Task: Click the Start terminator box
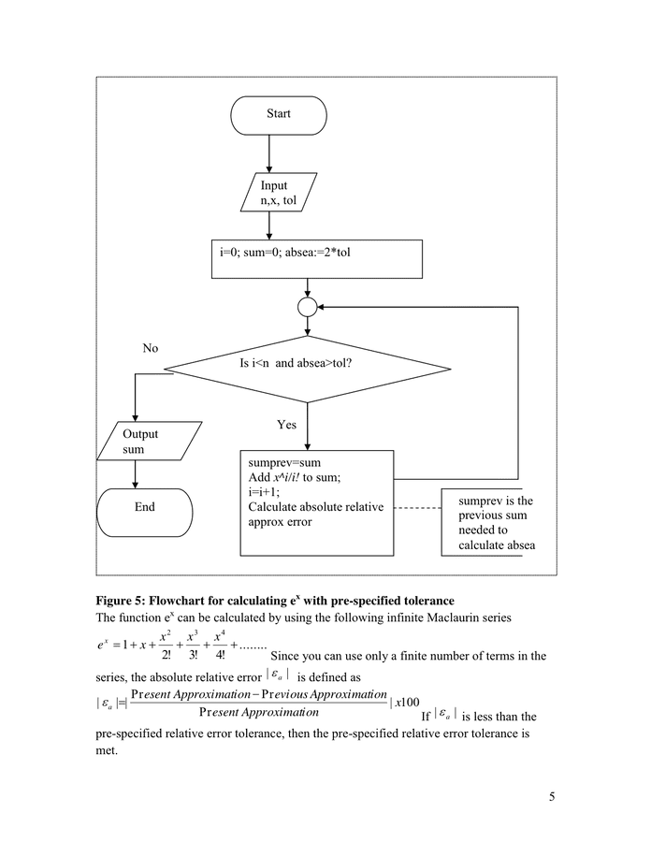pyautogui.click(x=279, y=115)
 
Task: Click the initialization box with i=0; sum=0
pyautogui.click(x=316, y=259)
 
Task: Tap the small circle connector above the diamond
pyautogui.click(x=307, y=306)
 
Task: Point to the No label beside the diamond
pyautogui.click(x=150, y=348)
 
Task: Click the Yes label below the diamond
pyautogui.click(x=286, y=425)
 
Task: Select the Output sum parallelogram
pyautogui.click(x=149, y=442)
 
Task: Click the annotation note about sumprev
pyautogui.click(x=495, y=523)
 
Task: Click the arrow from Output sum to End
pyautogui.click(x=137, y=475)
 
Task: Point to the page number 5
pyautogui.click(x=551, y=797)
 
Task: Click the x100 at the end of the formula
pyautogui.click(x=406, y=703)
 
